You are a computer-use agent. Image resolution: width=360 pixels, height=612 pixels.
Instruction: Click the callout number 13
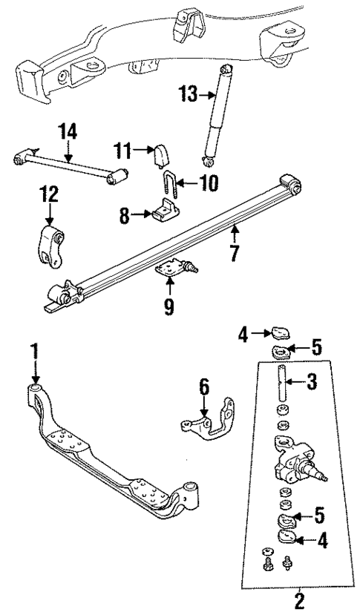188,94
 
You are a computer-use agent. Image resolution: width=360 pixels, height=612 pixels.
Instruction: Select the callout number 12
48,196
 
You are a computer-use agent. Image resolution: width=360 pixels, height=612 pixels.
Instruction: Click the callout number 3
312,382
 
